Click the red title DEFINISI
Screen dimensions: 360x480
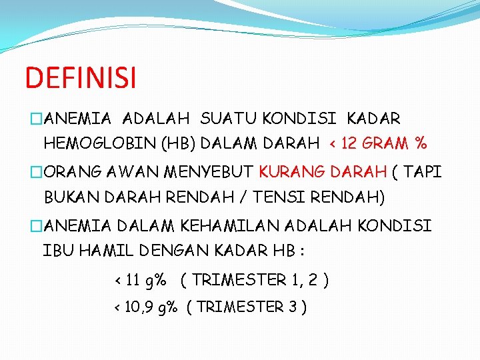80,77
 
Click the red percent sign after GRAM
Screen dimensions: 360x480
420,143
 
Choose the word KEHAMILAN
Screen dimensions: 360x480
227,226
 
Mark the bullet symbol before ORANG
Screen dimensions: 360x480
35,173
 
